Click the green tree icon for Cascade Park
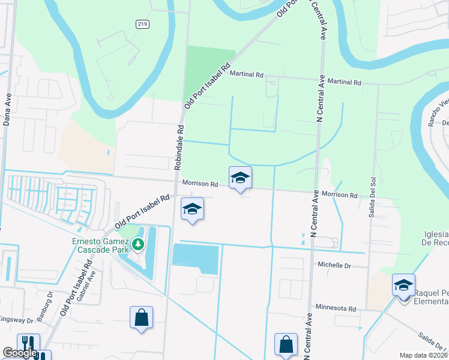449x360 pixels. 139,244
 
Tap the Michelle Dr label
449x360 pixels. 334,265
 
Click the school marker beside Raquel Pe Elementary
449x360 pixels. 403,286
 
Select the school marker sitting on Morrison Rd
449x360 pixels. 240,178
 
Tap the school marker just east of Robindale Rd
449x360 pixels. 192,209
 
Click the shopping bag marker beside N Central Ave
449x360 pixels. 286,345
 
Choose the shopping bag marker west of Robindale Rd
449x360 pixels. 141,318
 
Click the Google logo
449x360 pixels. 20,353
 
